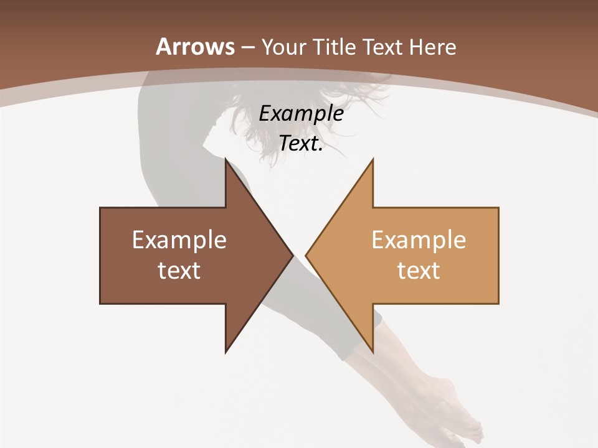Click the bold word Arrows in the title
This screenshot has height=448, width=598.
[x=196, y=47]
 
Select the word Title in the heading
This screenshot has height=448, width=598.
[x=336, y=47]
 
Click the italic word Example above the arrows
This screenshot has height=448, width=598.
[x=301, y=114]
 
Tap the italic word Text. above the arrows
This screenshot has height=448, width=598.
[x=301, y=144]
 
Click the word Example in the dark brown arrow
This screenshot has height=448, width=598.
[x=179, y=240]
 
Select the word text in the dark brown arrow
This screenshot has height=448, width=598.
[x=179, y=270]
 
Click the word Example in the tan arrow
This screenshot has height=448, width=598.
[x=419, y=240]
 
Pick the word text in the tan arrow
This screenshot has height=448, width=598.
[x=419, y=270]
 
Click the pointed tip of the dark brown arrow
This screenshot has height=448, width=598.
[x=293, y=255]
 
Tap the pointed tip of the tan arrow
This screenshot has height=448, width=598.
[x=306, y=255]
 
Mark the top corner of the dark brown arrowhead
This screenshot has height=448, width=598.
[x=225, y=160]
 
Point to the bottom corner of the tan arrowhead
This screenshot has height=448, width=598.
[x=373, y=352]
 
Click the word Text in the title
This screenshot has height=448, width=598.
[x=384, y=47]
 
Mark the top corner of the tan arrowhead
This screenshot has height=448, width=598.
[x=373, y=160]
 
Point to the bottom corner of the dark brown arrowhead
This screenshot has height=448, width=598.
[x=225, y=352]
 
